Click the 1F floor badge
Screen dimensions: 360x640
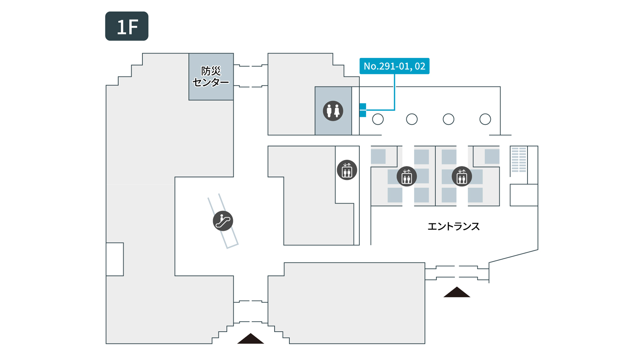click(x=127, y=26)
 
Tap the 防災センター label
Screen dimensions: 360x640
click(x=211, y=76)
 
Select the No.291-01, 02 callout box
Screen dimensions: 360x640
click(x=394, y=66)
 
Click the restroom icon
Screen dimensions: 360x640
click(x=333, y=111)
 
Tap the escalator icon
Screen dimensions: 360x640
click(x=223, y=221)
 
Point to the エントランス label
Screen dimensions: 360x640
click(x=454, y=226)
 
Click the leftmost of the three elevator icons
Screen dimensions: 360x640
click(x=347, y=170)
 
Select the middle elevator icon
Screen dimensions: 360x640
click(x=407, y=176)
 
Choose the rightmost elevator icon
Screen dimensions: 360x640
click(x=462, y=176)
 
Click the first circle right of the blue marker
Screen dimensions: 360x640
click(x=378, y=119)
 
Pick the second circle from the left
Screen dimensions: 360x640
click(x=412, y=119)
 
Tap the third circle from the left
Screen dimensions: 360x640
click(x=448, y=119)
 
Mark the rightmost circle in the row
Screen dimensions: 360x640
click(x=485, y=119)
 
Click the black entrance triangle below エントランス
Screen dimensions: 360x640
click(x=457, y=292)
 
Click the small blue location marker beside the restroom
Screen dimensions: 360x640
click(x=363, y=110)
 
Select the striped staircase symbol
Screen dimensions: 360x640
click(x=519, y=160)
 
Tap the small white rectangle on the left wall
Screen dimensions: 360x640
click(x=115, y=259)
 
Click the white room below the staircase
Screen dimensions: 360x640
click(x=524, y=195)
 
